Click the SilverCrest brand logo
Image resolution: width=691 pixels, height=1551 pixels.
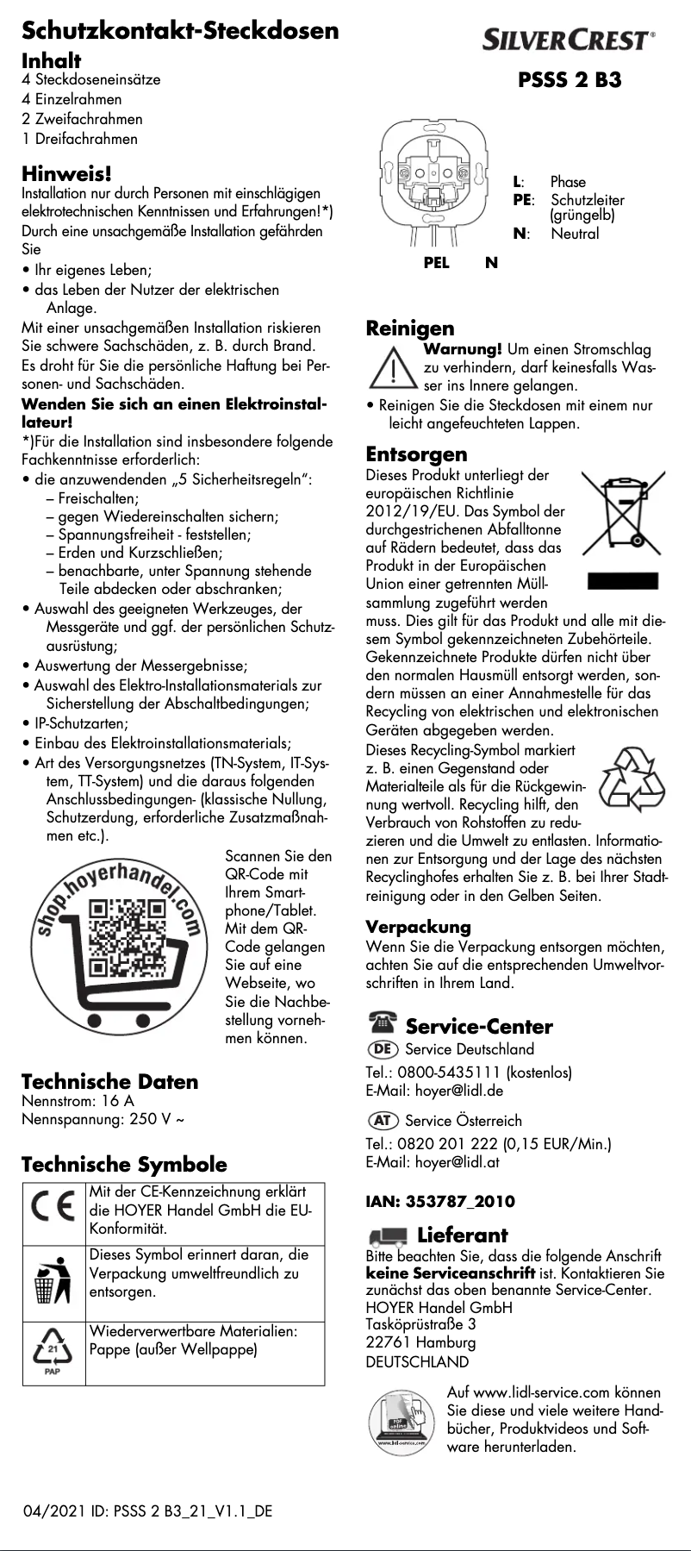[569, 40]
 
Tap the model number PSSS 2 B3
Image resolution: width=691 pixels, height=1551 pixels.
[569, 80]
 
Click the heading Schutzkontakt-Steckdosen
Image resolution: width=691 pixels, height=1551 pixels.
[180, 31]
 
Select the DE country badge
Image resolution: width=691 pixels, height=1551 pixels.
[383, 1049]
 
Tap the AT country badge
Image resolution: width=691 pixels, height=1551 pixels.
[383, 1121]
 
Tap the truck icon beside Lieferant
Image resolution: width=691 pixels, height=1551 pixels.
[386, 1235]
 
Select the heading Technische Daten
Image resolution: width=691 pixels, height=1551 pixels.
[109, 1081]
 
